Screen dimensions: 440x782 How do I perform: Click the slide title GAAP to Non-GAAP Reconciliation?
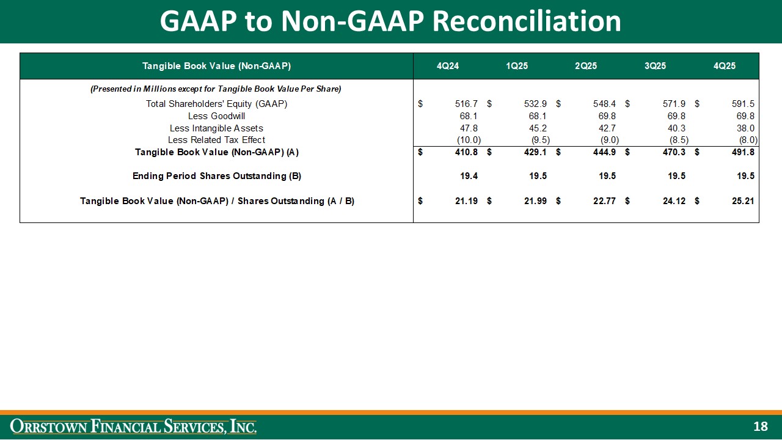(390, 21)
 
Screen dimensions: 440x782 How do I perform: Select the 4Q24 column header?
(448, 66)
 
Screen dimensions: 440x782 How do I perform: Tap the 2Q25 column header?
(586, 66)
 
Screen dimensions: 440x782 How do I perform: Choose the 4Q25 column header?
(725, 66)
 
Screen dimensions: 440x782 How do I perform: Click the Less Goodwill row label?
(216, 116)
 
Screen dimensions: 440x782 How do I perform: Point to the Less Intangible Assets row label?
(216, 128)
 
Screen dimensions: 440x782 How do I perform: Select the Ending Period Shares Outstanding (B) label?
(216, 176)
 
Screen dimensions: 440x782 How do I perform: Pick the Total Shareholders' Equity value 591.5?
(743, 104)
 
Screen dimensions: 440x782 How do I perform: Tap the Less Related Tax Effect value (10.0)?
(469, 140)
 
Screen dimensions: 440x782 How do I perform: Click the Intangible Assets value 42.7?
(605, 128)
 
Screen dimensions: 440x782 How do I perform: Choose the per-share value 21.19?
(467, 201)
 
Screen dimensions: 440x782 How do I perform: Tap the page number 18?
(760, 427)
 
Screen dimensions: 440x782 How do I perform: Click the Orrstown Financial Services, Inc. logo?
(135, 426)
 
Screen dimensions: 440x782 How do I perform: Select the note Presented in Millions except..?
(216, 89)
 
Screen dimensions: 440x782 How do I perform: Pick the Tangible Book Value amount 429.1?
(535, 152)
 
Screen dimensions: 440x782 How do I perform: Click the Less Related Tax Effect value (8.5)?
(679, 140)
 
